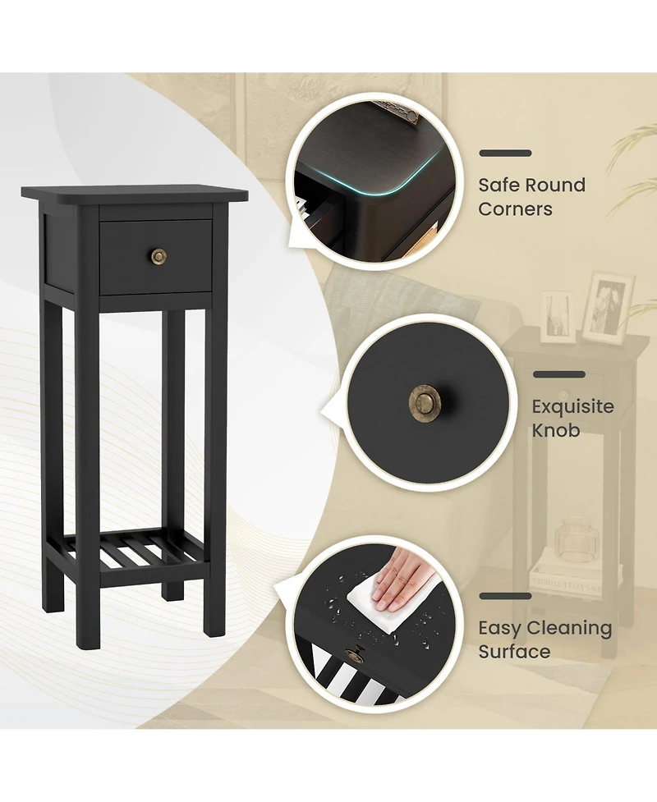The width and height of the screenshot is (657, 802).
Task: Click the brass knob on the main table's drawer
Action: [157, 256]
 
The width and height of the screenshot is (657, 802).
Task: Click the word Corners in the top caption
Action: [515, 209]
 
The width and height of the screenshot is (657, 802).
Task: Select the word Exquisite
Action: [572, 406]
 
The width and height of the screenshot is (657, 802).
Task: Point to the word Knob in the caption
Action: [555, 430]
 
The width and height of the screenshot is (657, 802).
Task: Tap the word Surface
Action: [514, 652]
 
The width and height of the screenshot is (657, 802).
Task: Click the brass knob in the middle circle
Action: [424, 402]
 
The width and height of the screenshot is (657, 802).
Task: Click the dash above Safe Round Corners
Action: [504, 154]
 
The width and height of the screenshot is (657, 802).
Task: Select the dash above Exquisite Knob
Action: [558, 374]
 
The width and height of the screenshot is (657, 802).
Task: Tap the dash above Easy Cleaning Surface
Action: [504, 597]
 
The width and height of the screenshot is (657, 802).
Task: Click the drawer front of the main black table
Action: [156, 257]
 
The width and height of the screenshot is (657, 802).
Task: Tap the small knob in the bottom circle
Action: [356, 653]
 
